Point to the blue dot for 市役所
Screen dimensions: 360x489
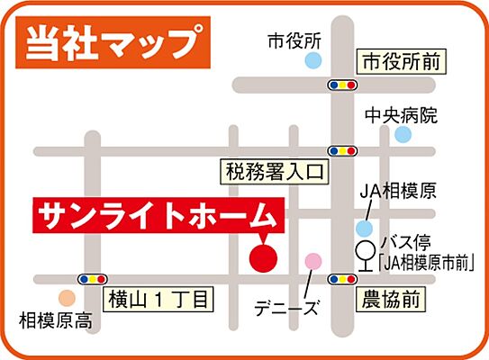point(312,61)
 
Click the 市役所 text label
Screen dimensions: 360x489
point(294,40)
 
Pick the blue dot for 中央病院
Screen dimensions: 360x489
point(403,134)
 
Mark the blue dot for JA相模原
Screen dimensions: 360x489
point(364,229)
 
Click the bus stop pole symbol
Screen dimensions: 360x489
point(365,257)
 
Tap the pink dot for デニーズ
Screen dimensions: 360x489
point(312,261)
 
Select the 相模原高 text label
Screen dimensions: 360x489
point(55,319)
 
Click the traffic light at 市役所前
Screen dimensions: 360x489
point(340,85)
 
